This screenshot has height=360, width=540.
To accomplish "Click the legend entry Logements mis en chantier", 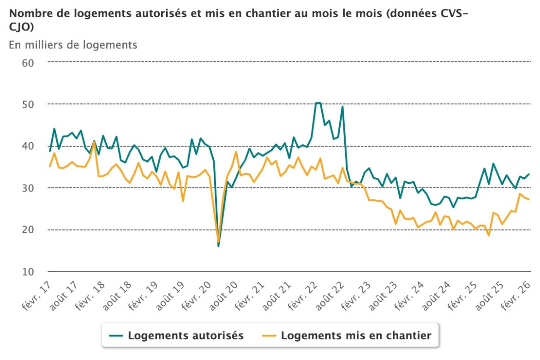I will pos(356,336).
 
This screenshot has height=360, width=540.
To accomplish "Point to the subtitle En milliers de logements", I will pos(73,45).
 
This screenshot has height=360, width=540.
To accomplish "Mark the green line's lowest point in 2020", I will pos(218,246).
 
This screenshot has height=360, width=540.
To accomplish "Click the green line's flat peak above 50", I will pos(318,103).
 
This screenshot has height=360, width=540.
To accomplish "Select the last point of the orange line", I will pos(529,199).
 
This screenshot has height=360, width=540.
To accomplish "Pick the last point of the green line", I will pos(529,174).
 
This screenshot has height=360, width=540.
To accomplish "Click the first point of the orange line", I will pos(50,166).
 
